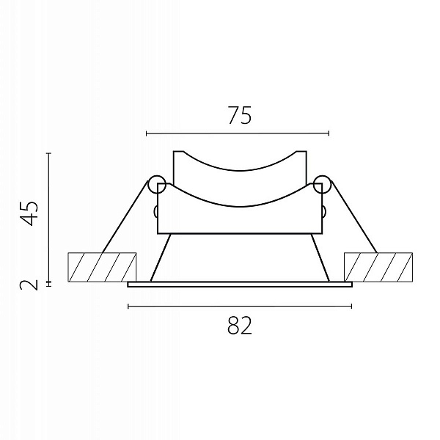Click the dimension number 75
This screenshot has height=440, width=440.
(240, 115)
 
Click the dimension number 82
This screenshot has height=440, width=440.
(240, 325)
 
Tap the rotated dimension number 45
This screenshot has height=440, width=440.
(29, 213)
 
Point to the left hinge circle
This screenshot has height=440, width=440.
(157, 184)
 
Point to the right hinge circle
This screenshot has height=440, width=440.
(323, 184)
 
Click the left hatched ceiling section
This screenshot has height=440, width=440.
(102, 267)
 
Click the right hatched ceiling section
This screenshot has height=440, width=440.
(378, 267)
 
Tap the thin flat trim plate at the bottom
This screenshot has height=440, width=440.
(240, 285)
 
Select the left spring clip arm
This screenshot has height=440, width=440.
(125, 217)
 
